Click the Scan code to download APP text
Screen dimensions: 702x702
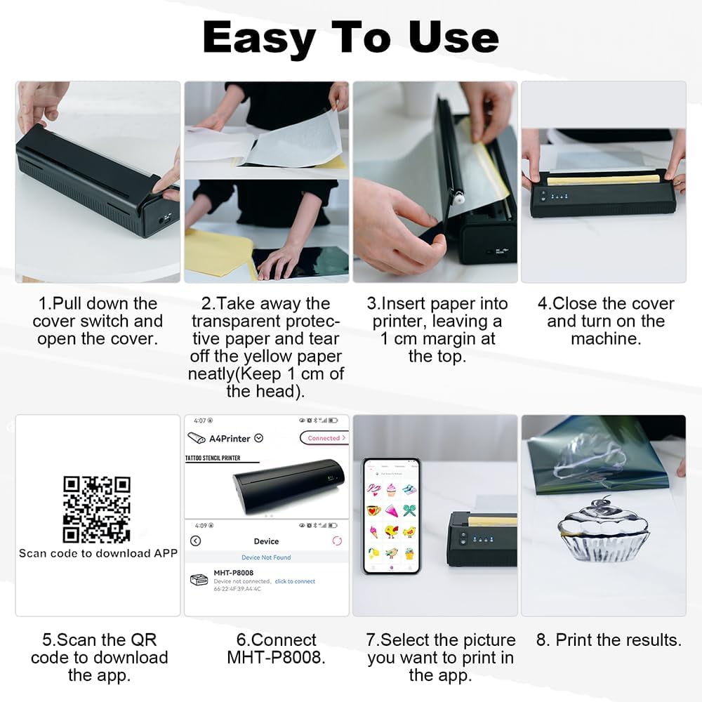[x=98, y=553]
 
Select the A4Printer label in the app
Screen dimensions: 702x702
[x=229, y=438]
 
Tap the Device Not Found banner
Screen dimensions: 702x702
[x=266, y=557]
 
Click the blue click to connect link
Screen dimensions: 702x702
[x=295, y=581]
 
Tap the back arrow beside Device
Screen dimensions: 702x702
[x=196, y=541]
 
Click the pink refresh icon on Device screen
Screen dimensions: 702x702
[x=337, y=541]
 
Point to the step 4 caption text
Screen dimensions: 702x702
[x=605, y=321]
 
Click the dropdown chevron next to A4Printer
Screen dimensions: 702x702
[x=259, y=438]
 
